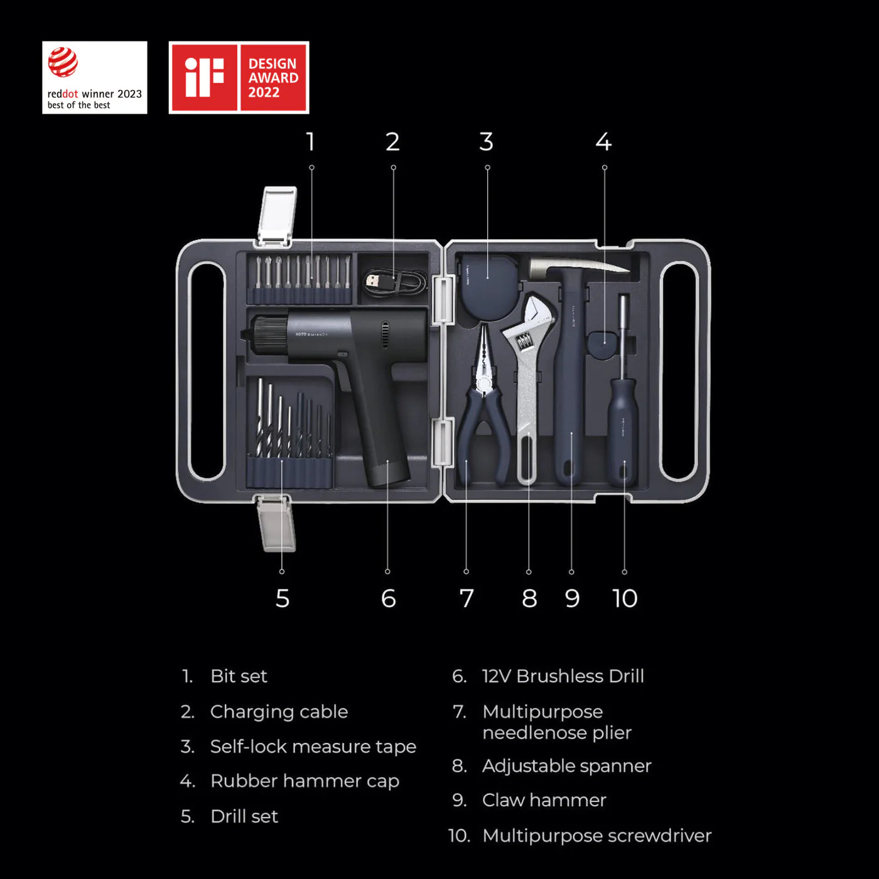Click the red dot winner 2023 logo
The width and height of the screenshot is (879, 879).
click(x=94, y=78)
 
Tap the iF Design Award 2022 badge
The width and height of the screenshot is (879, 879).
click(x=239, y=78)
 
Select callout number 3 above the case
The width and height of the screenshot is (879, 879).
click(x=487, y=142)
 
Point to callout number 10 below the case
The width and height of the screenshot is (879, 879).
click(x=625, y=598)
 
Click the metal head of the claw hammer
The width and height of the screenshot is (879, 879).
click(x=578, y=268)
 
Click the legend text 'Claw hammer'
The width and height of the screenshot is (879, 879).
click(x=544, y=800)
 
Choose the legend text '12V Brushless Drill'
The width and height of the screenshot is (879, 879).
click(x=563, y=676)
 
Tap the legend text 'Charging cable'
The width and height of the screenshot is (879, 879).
click(x=279, y=711)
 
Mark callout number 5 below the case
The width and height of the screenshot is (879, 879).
click(x=283, y=598)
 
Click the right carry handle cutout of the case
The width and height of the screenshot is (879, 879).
click(x=679, y=370)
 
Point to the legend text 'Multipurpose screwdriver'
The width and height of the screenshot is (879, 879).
click(x=596, y=836)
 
